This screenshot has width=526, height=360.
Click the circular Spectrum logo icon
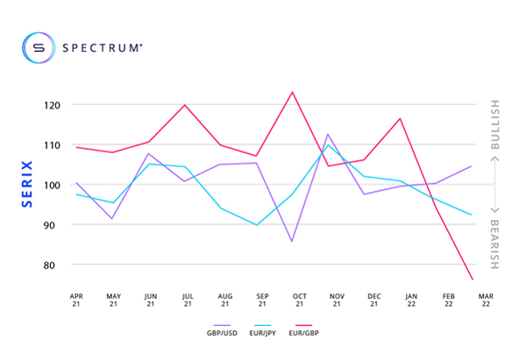39,48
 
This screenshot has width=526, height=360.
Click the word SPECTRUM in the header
101,48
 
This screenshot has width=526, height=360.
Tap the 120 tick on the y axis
54,105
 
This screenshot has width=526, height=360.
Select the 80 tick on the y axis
57,265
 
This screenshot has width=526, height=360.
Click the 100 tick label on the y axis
54,185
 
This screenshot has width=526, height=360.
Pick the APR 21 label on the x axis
76,300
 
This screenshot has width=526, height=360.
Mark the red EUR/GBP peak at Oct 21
292,92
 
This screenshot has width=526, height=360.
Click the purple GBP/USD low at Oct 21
292,241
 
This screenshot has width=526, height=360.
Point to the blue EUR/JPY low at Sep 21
256,225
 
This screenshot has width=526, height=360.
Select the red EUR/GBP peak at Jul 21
185,105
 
